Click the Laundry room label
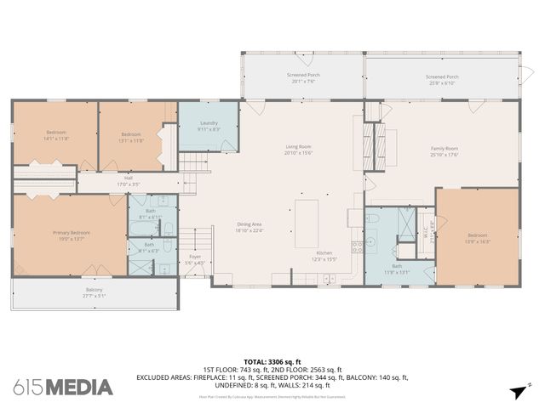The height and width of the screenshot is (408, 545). tap(208, 124)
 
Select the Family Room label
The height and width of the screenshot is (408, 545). tap(444, 149)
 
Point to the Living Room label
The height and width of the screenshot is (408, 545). tap(297, 146)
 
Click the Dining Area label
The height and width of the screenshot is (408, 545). tap(249, 224)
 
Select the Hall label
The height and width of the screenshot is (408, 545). tap(128, 177)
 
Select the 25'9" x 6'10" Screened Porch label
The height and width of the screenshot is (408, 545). tap(441, 77)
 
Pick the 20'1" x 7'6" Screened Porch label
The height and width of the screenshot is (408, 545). tap(303, 75)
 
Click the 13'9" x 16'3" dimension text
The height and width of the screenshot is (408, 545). tap(477, 241)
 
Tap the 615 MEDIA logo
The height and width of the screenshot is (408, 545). tap(63, 387)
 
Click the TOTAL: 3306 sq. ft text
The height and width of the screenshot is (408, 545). tap(272, 362)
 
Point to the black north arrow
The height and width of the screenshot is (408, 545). tap(517, 391)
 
